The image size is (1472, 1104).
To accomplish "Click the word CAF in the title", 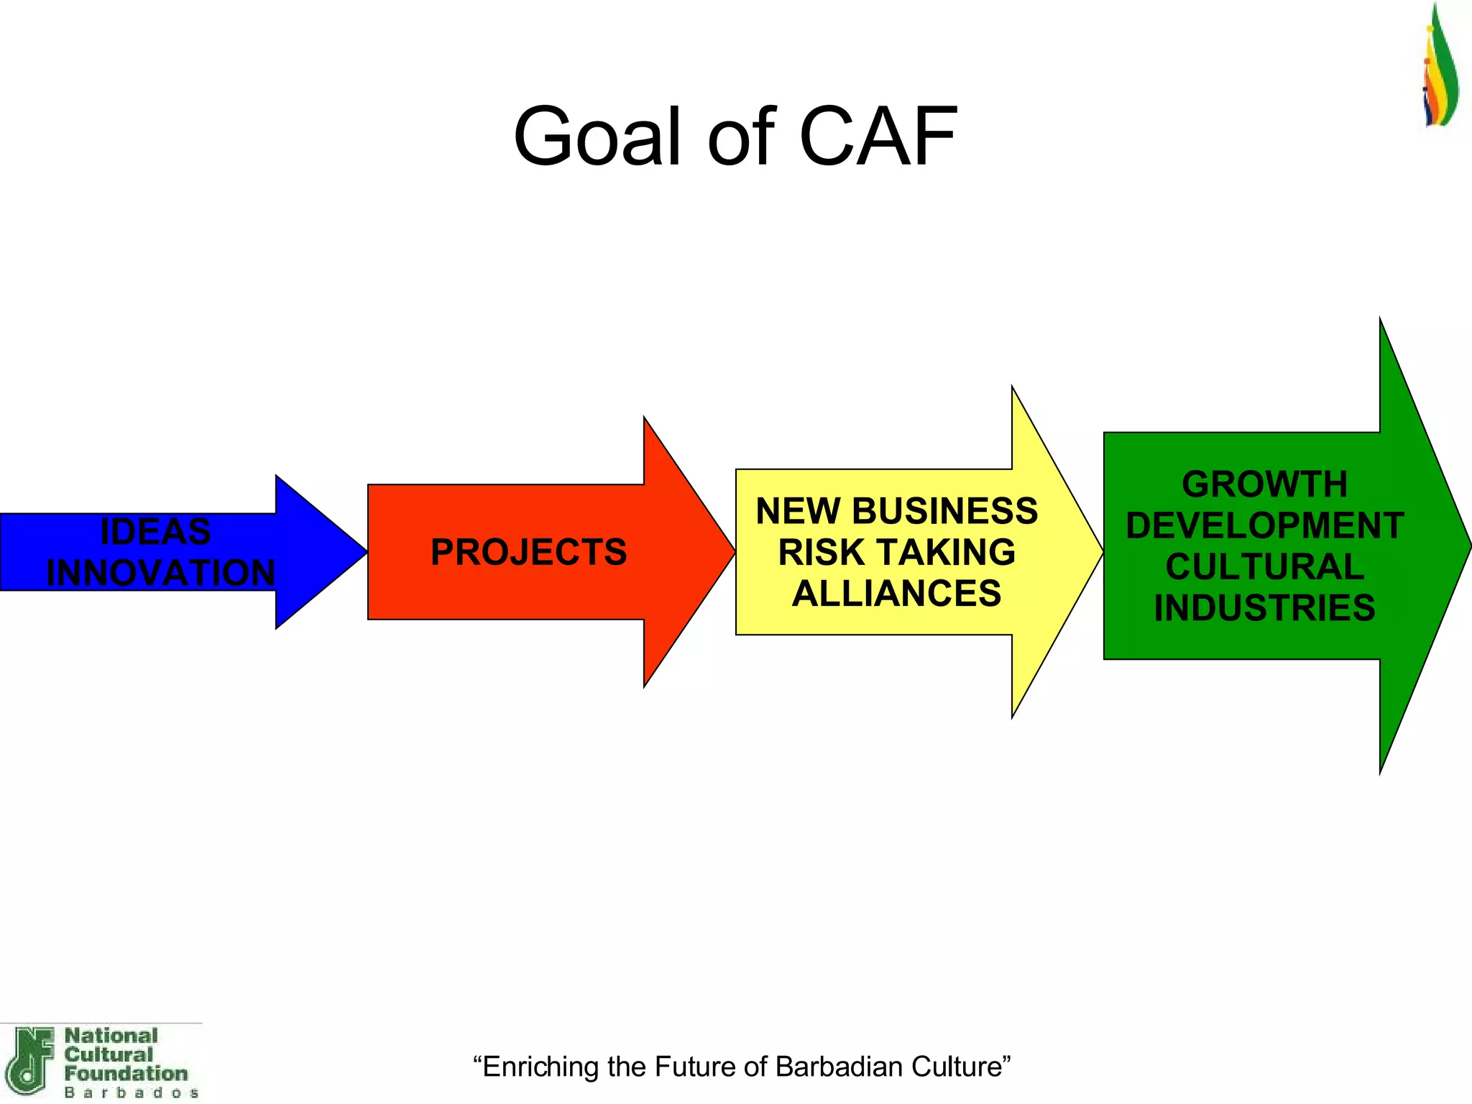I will [x=878, y=137].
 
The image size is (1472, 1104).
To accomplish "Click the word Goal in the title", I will [x=597, y=137].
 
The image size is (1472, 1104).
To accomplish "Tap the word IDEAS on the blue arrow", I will [x=155, y=532].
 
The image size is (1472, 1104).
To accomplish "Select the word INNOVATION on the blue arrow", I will [x=161, y=573].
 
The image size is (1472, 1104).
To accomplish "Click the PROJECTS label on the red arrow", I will [x=528, y=552].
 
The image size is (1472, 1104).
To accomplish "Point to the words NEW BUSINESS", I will [x=896, y=511].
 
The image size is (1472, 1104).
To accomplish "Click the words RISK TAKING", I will [x=896, y=552].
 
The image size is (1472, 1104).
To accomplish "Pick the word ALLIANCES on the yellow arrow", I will [x=896, y=594].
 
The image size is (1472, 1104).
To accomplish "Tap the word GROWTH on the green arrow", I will [x=1264, y=484].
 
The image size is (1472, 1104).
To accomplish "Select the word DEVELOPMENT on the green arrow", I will [x=1264, y=525].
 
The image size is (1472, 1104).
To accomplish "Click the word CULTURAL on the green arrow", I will [x=1264, y=566].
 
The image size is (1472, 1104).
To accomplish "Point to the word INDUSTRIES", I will [x=1264, y=608].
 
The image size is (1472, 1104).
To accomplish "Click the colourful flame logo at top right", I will [x=1440, y=68].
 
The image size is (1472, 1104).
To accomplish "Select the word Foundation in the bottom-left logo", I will [x=126, y=1074].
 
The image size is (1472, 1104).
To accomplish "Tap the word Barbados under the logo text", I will [x=132, y=1092].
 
